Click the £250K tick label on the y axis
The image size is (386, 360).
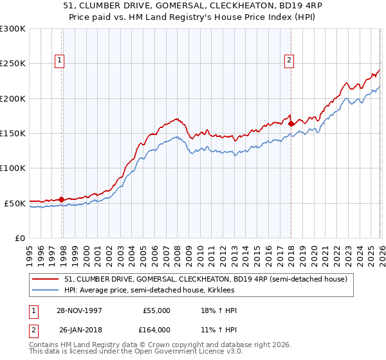(x=13, y=64)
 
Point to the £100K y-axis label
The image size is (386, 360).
(x=13, y=168)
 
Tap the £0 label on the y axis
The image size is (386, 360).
(x=19, y=238)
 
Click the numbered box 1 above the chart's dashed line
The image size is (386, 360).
(x=59, y=61)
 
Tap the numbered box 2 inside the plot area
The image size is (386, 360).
(x=289, y=61)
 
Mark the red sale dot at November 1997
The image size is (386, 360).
(x=62, y=199)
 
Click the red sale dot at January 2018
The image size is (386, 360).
(x=291, y=123)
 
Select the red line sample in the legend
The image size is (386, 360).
(x=46, y=279)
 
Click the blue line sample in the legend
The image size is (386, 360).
(x=46, y=291)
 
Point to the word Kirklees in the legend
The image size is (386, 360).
(x=230, y=291)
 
